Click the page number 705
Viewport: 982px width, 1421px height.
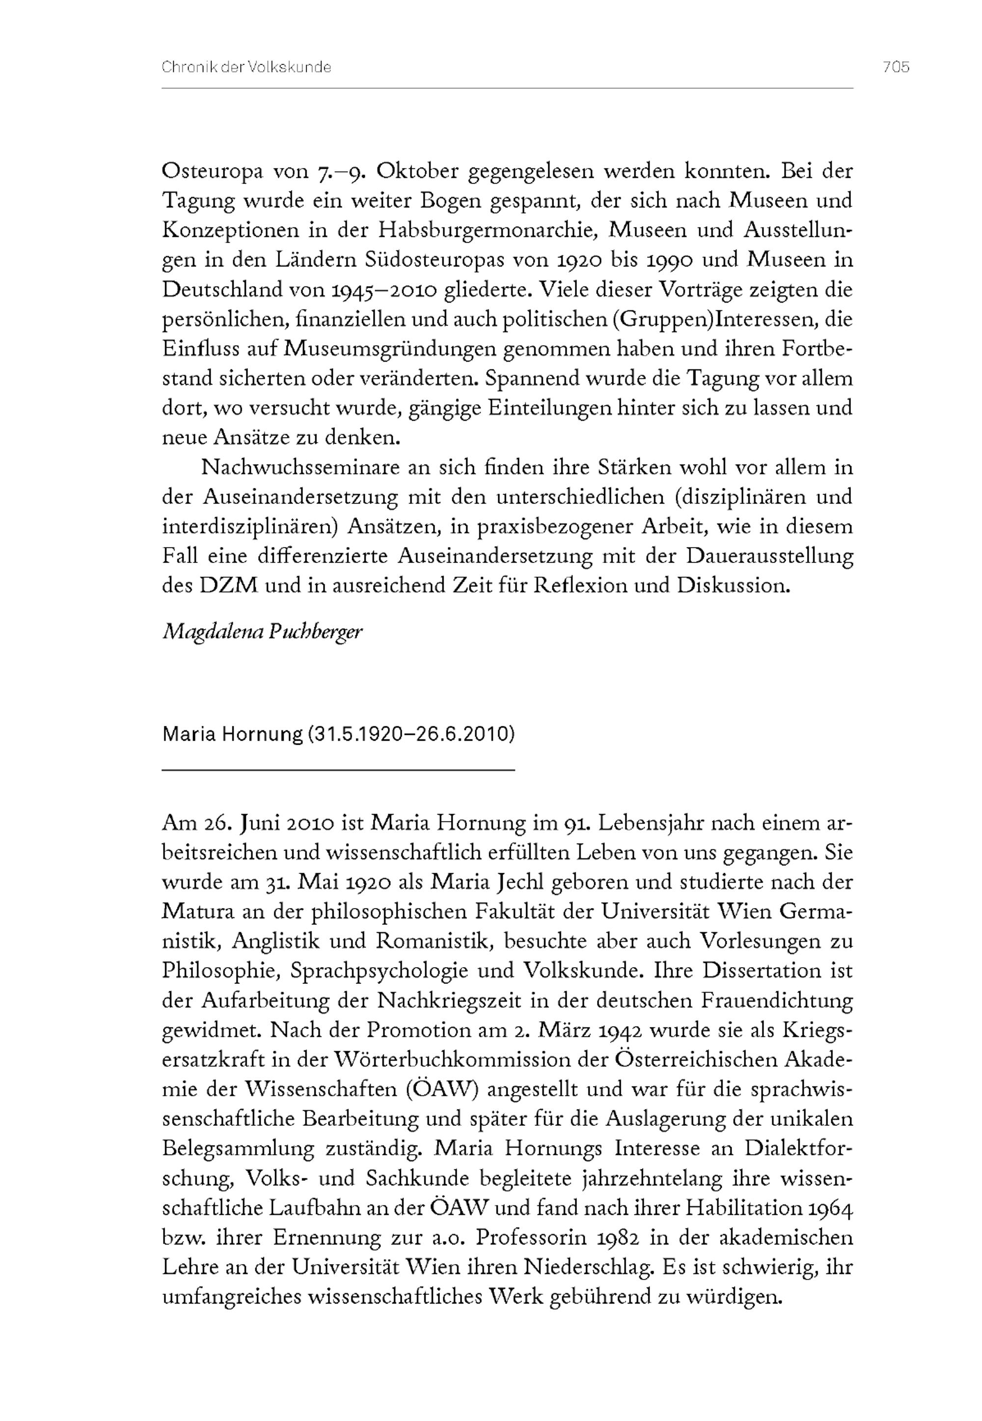pyautogui.click(x=896, y=67)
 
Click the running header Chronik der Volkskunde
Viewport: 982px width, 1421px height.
pyautogui.click(x=246, y=67)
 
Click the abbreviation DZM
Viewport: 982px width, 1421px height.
pyautogui.click(x=228, y=585)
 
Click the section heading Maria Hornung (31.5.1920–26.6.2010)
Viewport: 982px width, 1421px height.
pyautogui.click(x=338, y=734)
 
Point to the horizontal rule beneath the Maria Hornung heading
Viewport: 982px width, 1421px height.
pyautogui.click(x=338, y=769)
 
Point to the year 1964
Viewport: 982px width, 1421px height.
pyautogui.click(x=831, y=1208)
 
